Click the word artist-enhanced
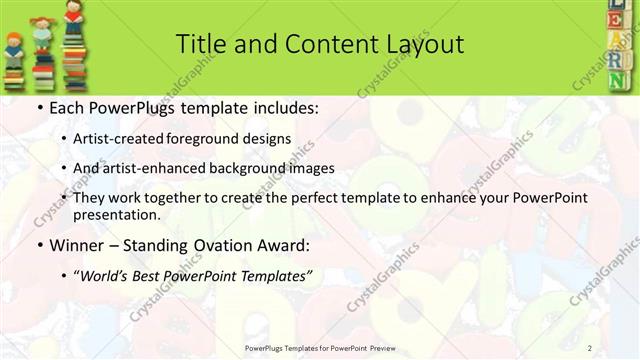[x=152, y=168]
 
